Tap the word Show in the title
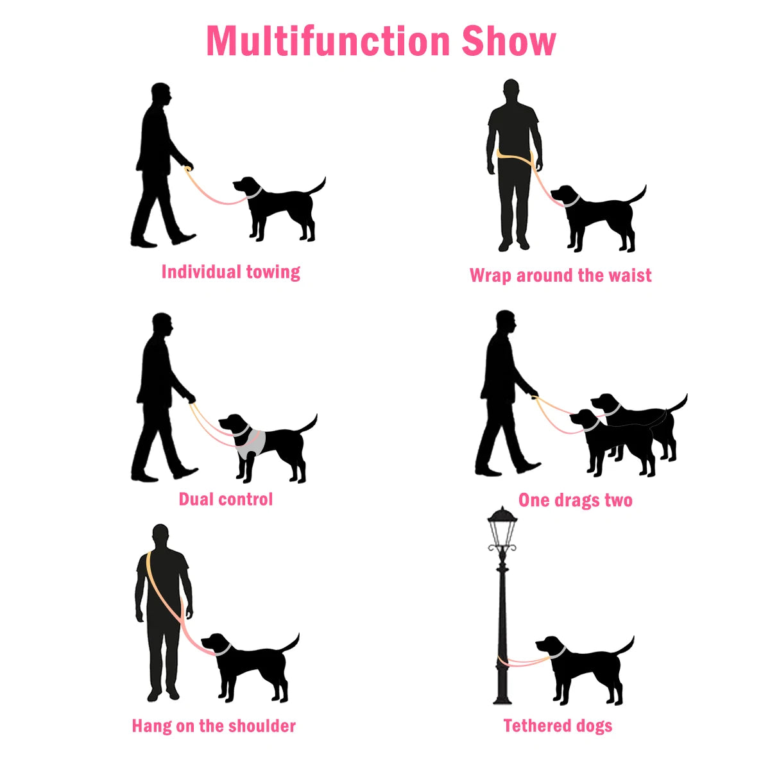tap(508, 41)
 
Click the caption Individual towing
tap(230, 272)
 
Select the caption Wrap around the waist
tap(560, 275)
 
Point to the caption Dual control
tap(225, 499)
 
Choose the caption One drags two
tap(575, 500)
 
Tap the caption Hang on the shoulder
tap(214, 726)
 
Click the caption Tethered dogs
tap(558, 726)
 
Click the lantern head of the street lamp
tap(502, 529)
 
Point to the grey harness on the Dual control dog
tap(252, 443)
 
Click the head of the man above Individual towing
tap(161, 96)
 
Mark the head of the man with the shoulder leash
tap(160, 536)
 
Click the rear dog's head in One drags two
tap(605, 403)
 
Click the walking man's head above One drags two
tap(506, 323)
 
